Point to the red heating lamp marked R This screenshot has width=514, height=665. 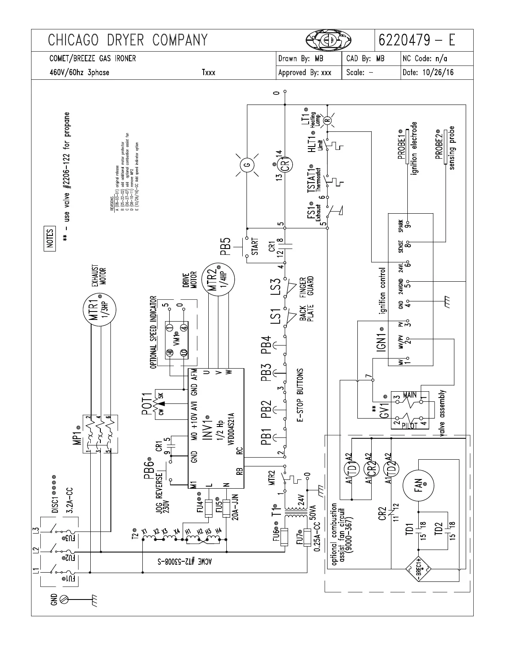click(x=329, y=120)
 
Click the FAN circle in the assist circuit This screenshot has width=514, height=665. click(x=419, y=485)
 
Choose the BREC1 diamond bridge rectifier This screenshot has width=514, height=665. click(x=419, y=569)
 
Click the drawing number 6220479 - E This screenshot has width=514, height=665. click(x=417, y=40)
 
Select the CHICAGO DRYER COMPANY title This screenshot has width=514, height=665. click(x=128, y=40)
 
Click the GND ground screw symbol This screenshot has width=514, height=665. click(x=64, y=598)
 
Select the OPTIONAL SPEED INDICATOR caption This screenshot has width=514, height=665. click(x=153, y=332)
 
